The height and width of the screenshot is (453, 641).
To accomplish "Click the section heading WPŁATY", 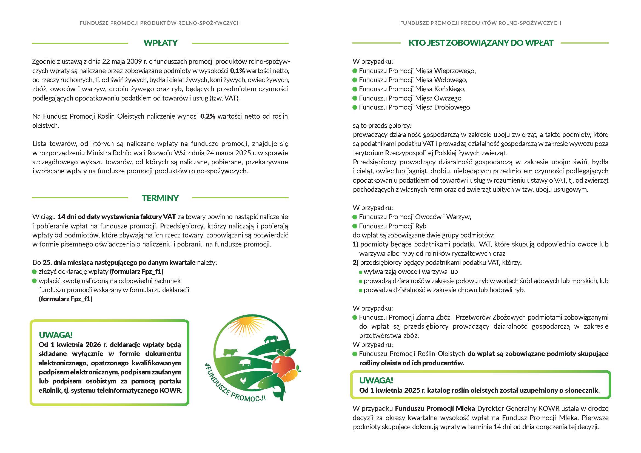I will point(161,43).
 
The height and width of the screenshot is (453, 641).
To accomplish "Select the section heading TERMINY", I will point(160,198).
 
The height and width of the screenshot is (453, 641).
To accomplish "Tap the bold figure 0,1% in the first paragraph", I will point(237,71).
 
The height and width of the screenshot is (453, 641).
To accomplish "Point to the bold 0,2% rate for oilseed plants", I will point(208,116).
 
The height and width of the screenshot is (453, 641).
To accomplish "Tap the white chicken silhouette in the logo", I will point(244,380).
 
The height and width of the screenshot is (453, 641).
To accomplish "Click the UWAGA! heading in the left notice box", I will point(56,335).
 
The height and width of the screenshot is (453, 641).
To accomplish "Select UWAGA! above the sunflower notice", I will point(376,380).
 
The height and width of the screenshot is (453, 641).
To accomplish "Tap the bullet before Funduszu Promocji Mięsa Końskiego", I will point(355,89).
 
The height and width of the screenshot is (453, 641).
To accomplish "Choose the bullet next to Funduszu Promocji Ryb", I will point(355,226).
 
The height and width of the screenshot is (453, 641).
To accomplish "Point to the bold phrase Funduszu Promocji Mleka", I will point(435,409).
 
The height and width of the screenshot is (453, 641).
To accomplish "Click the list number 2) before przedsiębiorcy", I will point(355,263).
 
